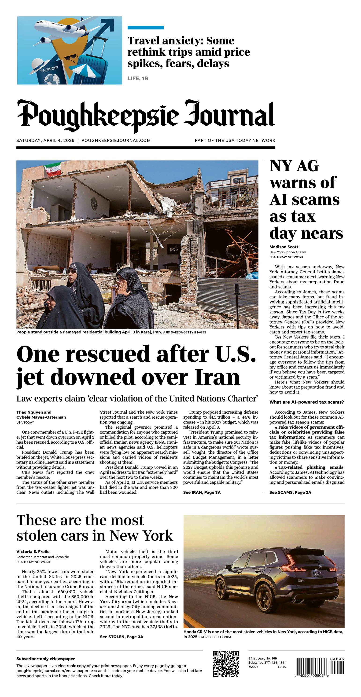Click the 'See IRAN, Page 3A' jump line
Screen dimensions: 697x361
coord(202,492)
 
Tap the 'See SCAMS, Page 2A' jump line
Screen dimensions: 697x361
coord(290,492)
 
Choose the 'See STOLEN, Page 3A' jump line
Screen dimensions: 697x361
coord(121,637)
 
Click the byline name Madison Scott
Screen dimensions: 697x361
coord(284,247)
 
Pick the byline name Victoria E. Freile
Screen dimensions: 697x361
coord(33,551)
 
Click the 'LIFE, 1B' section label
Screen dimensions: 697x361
coord(138,78)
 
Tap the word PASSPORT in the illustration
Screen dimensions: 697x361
coord(49,69)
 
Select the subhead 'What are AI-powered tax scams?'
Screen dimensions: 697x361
coord(306,402)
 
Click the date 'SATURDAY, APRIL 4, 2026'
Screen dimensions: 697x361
coord(45,140)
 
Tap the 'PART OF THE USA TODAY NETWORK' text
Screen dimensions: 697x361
coord(235,140)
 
